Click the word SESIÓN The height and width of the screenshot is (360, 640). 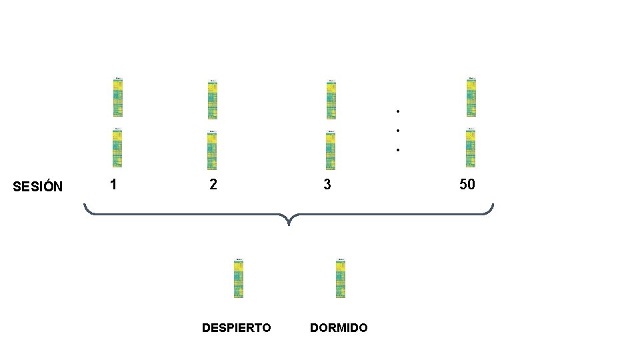38,186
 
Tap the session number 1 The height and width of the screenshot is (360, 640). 114,184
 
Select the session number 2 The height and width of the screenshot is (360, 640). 213,184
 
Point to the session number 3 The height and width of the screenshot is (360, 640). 327,184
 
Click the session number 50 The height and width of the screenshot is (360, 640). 467,184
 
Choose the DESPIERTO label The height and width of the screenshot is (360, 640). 237,328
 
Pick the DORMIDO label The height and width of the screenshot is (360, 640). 339,328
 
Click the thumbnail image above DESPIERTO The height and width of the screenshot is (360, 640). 239,277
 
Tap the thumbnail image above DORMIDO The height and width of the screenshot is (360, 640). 341,277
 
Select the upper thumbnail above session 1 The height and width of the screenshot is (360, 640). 117,97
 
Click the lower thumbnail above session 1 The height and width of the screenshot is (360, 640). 117,147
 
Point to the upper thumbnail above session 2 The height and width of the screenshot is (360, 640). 212,99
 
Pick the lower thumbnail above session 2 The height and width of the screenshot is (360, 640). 212,150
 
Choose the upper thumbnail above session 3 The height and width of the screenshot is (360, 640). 331,99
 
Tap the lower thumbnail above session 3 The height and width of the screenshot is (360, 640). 331,150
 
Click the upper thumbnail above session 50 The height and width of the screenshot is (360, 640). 471,97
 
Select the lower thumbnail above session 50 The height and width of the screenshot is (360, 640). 471,147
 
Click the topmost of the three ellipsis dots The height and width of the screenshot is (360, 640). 397,110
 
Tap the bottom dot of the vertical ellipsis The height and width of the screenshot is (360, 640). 397,150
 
